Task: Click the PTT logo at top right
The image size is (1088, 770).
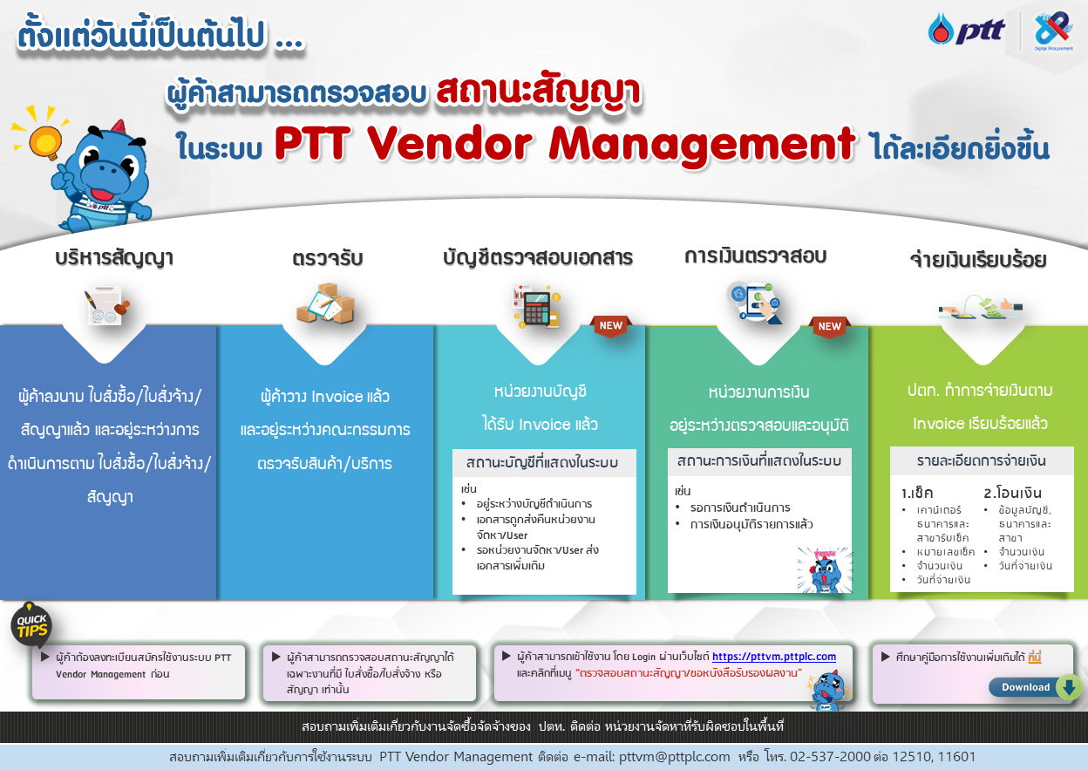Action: click(966, 31)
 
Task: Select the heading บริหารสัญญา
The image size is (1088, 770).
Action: click(113, 258)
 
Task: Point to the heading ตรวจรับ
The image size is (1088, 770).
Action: click(328, 258)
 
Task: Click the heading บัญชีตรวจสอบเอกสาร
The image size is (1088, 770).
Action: click(538, 258)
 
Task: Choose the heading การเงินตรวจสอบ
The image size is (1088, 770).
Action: click(755, 256)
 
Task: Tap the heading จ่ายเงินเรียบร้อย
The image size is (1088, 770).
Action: click(977, 260)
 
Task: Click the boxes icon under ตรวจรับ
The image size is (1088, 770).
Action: click(325, 304)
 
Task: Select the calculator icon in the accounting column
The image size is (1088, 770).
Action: click(536, 305)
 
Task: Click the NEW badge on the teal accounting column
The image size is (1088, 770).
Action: click(611, 325)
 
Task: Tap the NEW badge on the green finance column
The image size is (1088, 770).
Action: click(829, 326)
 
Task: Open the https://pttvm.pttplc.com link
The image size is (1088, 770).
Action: click(773, 657)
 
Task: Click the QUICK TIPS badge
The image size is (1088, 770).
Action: click(31, 625)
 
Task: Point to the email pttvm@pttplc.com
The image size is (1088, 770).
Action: click(674, 757)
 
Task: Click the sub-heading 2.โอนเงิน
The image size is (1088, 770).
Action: click(1012, 493)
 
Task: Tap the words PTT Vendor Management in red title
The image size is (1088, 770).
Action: click(564, 144)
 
